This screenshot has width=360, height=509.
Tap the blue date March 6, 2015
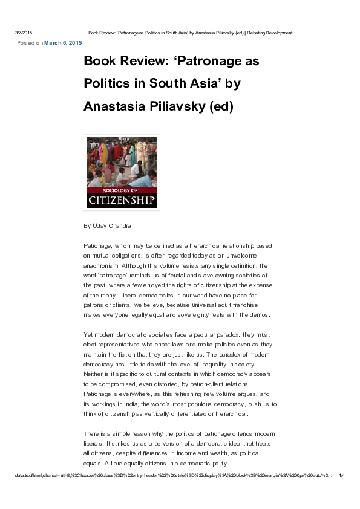63,44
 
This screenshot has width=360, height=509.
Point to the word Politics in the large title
106,84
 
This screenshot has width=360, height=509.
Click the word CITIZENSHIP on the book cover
122,199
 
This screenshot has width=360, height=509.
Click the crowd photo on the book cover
122,161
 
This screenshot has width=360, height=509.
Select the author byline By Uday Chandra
107,226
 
